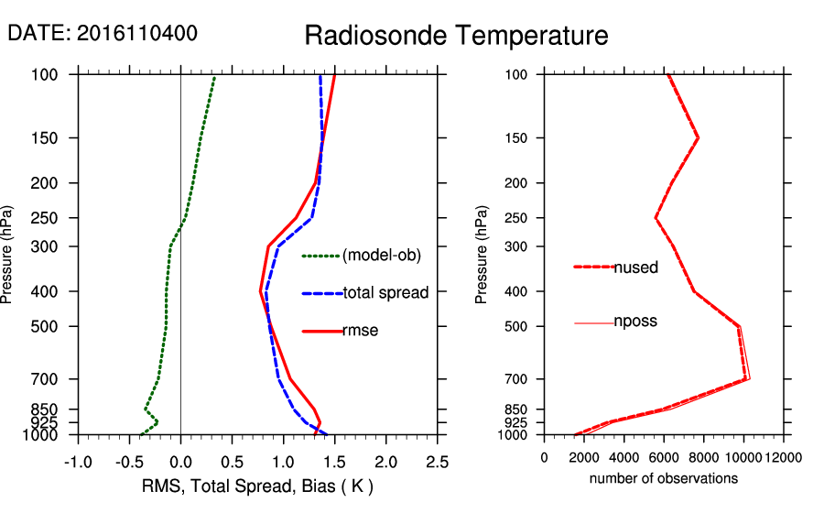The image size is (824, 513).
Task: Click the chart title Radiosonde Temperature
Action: coord(456,36)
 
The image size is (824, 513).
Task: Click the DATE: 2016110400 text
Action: coord(103,33)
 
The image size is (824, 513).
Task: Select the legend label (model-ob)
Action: coord(382,256)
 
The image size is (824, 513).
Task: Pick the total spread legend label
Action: coord(385,293)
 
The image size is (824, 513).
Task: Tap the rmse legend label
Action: coord(360,331)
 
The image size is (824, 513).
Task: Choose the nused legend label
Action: coord(635,267)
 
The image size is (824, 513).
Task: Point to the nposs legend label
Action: coord(635,322)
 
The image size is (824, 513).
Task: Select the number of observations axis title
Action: coord(664,478)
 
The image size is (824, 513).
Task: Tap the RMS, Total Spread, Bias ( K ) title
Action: coord(257,485)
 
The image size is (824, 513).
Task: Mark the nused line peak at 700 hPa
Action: coord(747,378)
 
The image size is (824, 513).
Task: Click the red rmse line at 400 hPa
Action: coord(260,291)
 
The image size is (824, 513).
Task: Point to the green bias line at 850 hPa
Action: coord(145,409)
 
